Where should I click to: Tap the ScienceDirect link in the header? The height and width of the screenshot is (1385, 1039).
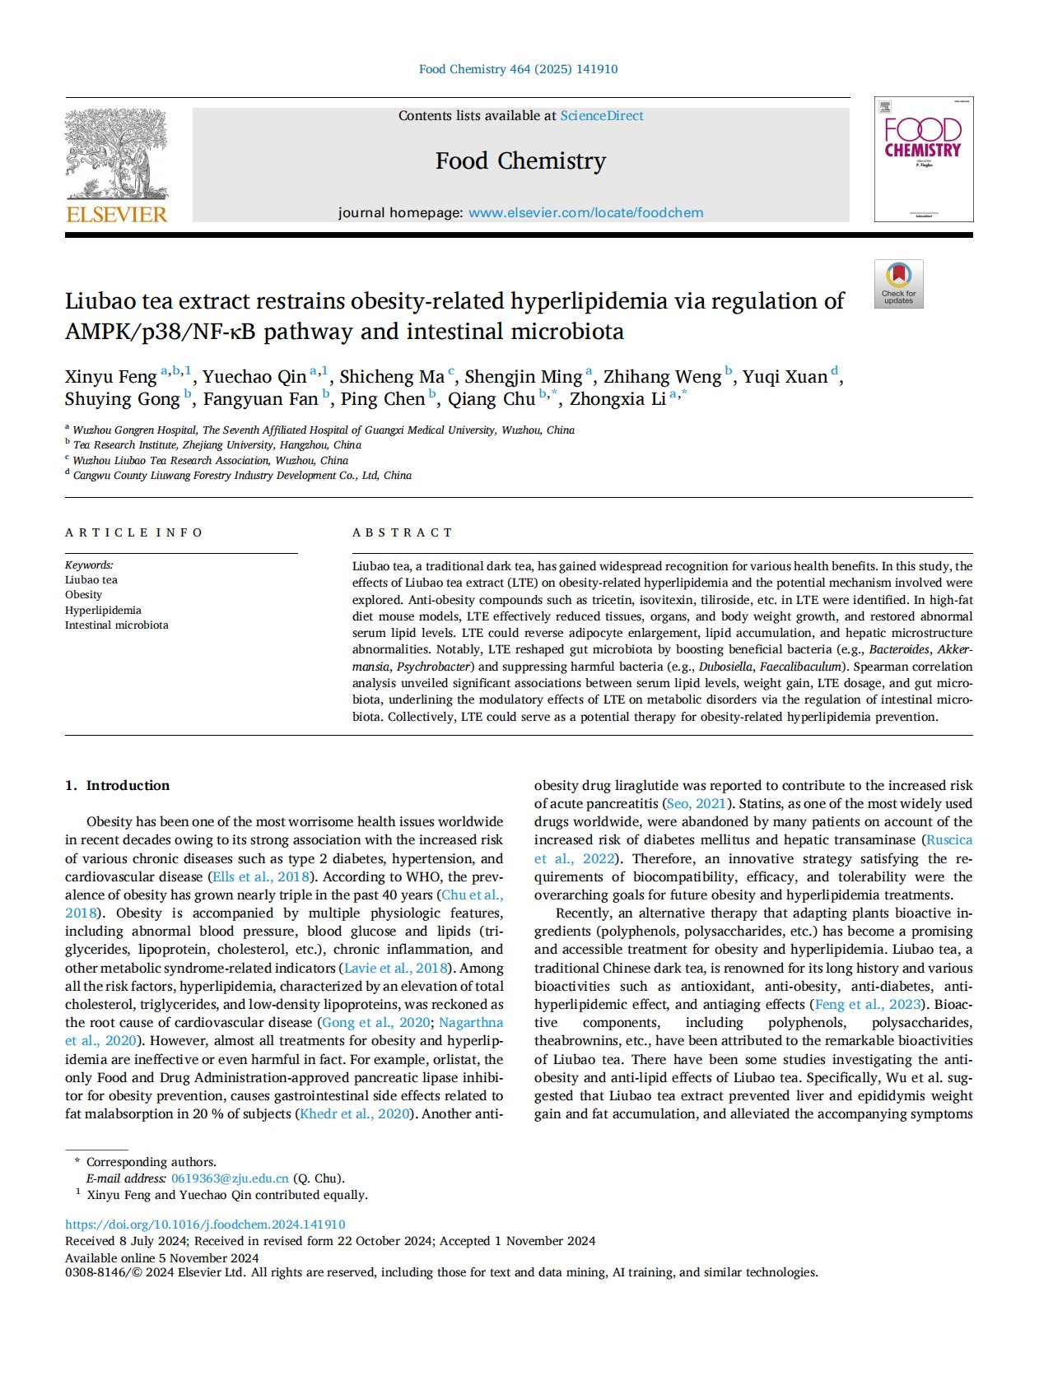click(602, 116)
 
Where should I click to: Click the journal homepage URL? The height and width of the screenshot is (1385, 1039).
click(585, 212)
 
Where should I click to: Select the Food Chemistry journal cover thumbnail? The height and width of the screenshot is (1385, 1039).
click(923, 159)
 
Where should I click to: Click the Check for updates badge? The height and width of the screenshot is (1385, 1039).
click(898, 284)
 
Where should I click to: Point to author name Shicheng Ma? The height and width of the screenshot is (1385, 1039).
click(391, 377)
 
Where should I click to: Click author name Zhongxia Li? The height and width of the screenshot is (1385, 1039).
click(617, 399)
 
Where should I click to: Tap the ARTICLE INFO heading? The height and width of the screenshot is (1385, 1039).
click(133, 532)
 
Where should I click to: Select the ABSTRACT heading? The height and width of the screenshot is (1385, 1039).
click(402, 532)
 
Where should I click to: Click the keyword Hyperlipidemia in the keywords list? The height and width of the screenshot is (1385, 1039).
click(103, 610)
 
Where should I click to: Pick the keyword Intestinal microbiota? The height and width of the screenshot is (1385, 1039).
click(116, 625)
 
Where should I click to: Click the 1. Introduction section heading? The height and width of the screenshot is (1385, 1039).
click(118, 785)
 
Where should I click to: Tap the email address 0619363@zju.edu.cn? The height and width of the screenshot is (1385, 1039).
click(230, 1178)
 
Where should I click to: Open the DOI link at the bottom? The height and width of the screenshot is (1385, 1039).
click(205, 1225)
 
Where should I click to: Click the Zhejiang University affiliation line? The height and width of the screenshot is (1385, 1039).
click(217, 444)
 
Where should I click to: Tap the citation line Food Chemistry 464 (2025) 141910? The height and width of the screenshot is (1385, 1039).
click(518, 69)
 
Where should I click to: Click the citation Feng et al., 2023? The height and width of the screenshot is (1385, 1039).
click(868, 1004)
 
